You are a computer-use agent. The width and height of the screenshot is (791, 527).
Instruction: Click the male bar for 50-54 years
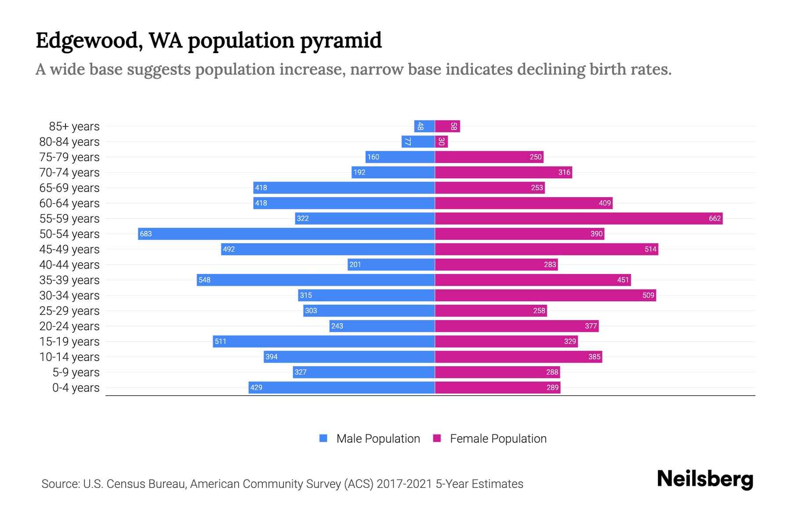(x=286, y=234)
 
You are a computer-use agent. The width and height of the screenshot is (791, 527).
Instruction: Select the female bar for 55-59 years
(x=578, y=218)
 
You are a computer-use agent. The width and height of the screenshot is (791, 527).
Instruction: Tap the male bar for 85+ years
(x=425, y=126)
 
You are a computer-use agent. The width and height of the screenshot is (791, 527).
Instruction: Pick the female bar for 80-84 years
(x=441, y=141)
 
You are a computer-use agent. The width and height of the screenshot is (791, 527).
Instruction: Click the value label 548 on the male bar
(x=204, y=280)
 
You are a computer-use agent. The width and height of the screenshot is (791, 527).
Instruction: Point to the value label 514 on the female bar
(x=650, y=249)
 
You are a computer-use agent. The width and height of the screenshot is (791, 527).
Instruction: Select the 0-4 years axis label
(x=76, y=388)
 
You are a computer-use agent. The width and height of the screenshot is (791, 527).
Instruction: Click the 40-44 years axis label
(x=69, y=265)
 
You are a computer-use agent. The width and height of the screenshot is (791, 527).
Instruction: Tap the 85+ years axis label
(x=74, y=126)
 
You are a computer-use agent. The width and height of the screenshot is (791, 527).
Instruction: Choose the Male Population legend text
(x=378, y=438)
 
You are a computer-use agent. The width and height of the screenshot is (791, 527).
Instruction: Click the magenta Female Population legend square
(x=437, y=438)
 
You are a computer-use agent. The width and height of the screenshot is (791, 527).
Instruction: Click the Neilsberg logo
(x=705, y=479)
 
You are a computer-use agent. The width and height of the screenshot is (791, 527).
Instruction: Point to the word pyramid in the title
(x=341, y=41)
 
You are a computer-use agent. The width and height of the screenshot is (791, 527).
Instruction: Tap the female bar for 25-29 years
(x=491, y=310)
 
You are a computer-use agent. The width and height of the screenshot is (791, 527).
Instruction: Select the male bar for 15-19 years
(x=324, y=341)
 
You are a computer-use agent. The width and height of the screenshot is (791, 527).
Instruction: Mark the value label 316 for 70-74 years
(x=564, y=172)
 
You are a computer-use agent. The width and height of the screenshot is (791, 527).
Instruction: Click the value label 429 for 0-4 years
(x=256, y=387)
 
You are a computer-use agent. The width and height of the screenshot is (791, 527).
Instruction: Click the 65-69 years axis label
(x=69, y=188)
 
